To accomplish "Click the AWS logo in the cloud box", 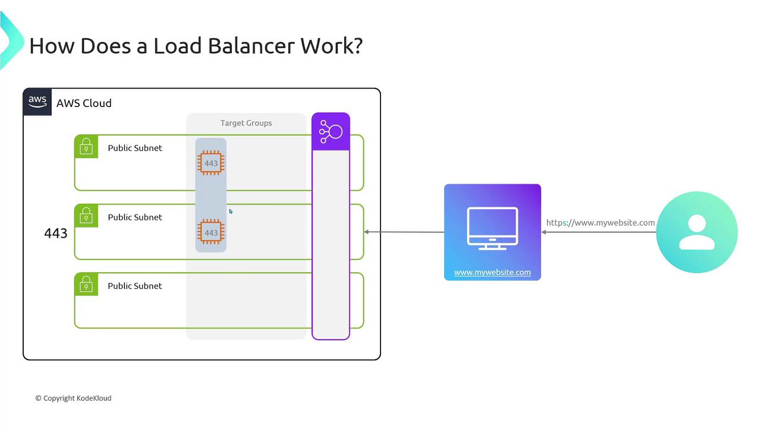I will click(x=37, y=102).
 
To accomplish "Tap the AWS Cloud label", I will click(x=84, y=103).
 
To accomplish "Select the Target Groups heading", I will click(x=246, y=123).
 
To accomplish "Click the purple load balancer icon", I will click(x=331, y=131).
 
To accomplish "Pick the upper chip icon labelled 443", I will click(x=211, y=163).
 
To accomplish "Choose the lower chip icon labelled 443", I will click(x=211, y=232).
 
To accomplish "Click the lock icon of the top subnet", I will click(x=86, y=146).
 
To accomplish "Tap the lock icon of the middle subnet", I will click(x=86, y=215).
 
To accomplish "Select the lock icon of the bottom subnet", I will click(x=86, y=284).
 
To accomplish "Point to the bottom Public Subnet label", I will click(x=135, y=286).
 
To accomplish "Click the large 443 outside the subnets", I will click(x=56, y=234).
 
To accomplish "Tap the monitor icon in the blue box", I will click(x=492, y=228).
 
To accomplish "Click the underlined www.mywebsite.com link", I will click(x=492, y=272).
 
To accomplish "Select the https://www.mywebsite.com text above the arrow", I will click(x=600, y=223).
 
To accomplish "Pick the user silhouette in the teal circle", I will click(x=697, y=232).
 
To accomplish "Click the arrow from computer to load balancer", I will click(x=404, y=232).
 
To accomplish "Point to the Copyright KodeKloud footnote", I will click(x=73, y=398).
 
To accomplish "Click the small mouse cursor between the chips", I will click(x=231, y=212).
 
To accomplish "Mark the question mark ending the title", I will click(x=357, y=46).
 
